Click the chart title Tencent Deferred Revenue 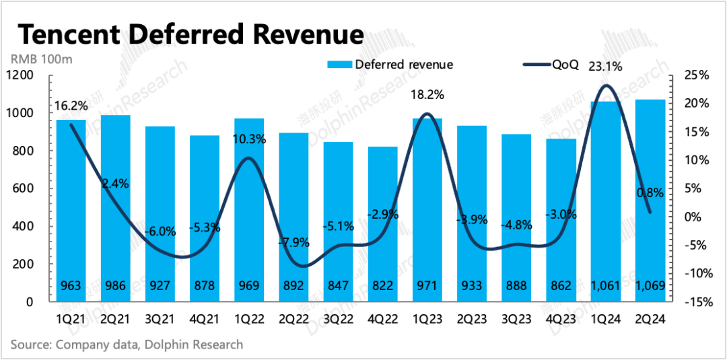(x=190, y=34)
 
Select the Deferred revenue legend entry (x=390, y=65)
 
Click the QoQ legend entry (x=552, y=65)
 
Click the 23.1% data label (x=605, y=67)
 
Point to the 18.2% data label (x=428, y=95)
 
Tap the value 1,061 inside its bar (x=606, y=286)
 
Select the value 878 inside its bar (x=204, y=286)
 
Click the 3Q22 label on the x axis (x=338, y=320)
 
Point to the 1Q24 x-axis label (x=606, y=320)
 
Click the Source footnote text (x=127, y=345)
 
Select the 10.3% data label (x=249, y=139)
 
